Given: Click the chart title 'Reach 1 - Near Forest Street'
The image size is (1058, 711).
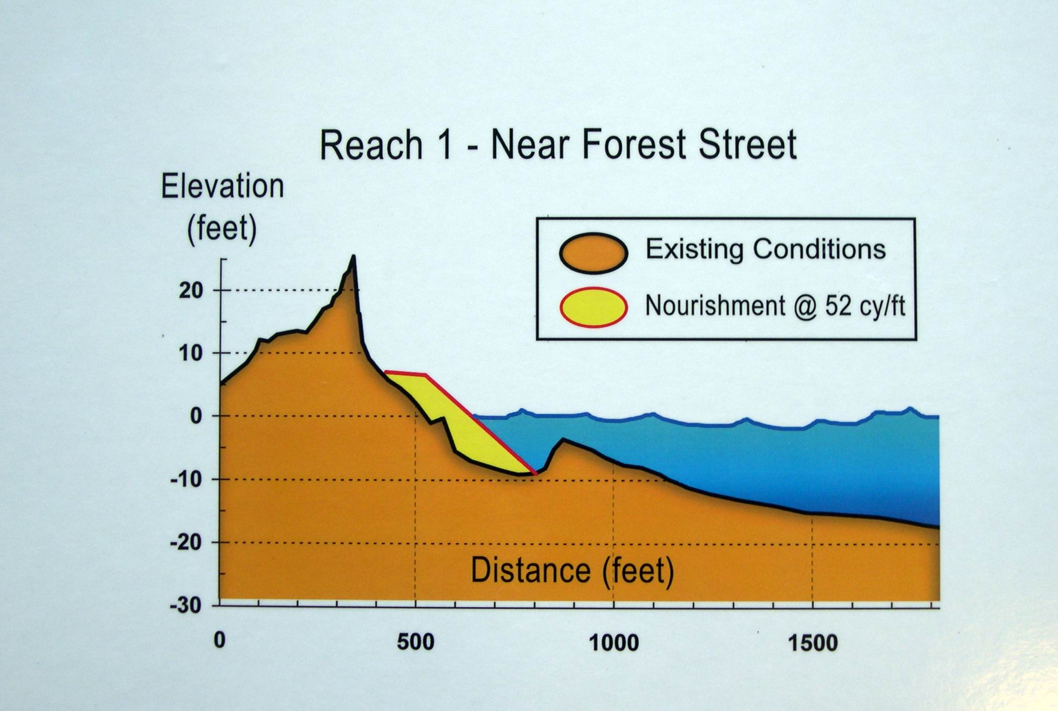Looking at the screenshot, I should pos(558,144).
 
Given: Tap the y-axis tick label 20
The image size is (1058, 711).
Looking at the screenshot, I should pos(191,290).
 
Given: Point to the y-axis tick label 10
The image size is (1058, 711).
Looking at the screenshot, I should pos(191,353).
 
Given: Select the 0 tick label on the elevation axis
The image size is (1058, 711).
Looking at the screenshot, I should pos(196,416).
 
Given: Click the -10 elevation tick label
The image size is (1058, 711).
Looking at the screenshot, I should pos(186,479).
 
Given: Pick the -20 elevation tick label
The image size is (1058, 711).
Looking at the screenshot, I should pos(186,543).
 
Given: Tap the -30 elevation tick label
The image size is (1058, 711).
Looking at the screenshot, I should pos(186,606).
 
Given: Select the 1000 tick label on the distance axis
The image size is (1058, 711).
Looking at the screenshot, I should pos(614,643).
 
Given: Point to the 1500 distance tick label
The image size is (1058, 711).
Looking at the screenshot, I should pos(813,643).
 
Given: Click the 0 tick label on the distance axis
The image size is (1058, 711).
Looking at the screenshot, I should pos(219,641).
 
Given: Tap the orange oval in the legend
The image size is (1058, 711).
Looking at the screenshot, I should pos(593,253).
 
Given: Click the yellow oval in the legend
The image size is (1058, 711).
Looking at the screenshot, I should pos(593,308).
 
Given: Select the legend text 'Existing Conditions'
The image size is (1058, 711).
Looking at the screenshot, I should pos(765,249).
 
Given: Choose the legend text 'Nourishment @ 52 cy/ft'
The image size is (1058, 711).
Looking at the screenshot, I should pos(775,306).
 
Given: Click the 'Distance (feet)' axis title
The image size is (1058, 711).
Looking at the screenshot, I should pos(572,571).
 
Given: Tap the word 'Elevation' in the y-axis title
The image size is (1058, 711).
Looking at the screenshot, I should pos(223,186).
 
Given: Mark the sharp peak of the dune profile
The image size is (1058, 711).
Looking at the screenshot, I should pos(353,258).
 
